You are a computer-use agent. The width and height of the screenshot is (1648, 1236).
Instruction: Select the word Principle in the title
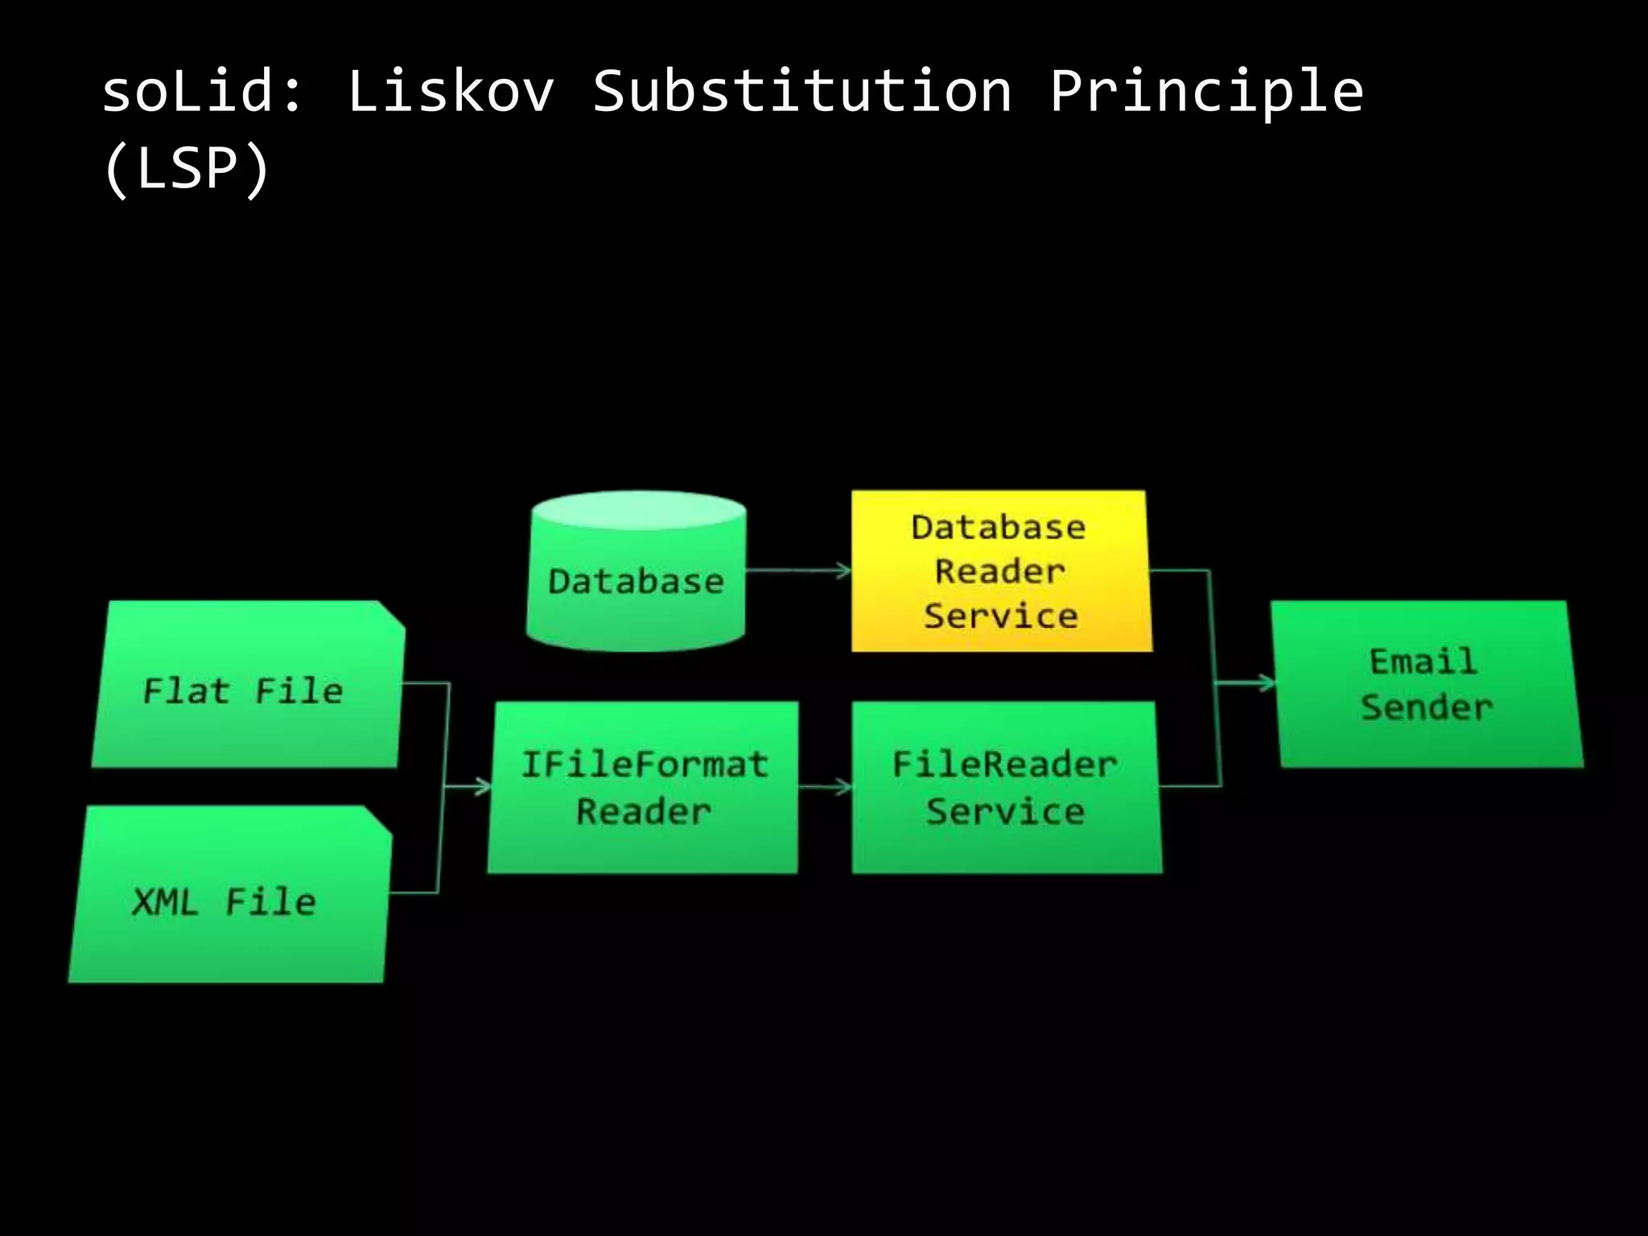point(1206,93)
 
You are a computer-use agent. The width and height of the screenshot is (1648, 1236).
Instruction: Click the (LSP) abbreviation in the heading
point(187,169)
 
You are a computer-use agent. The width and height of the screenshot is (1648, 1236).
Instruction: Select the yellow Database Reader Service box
point(1000,571)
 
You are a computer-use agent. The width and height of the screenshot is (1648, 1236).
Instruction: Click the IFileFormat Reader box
point(644,787)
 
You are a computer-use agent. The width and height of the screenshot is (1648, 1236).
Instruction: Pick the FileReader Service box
point(1006,787)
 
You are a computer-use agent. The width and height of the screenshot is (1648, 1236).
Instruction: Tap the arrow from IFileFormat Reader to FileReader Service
point(825,786)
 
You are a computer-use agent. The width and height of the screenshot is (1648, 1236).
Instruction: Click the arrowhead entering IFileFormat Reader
point(483,786)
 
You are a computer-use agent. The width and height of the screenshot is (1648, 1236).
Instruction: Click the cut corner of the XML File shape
point(378,819)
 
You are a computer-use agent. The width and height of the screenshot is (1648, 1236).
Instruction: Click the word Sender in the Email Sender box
point(1427,708)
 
